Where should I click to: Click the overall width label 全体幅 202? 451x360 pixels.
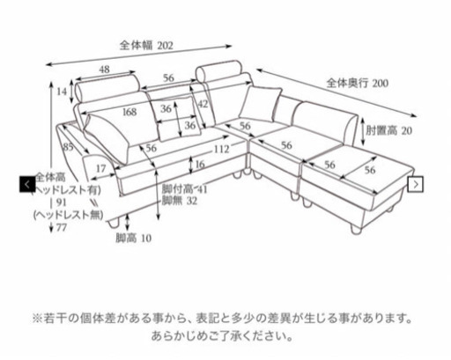pos(146,46)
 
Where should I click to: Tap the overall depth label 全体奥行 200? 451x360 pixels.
pos(358,83)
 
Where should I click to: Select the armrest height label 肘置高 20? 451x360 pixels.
pos(388,130)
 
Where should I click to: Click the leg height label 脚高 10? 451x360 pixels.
pos(134,238)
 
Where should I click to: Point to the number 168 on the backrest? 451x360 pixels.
pos(129,112)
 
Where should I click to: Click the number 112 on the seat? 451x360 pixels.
pos(221,149)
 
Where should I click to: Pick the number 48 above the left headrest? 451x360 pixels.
pos(104,70)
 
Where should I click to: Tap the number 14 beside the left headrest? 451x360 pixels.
pos(62,92)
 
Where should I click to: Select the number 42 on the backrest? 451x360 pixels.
pos(203,104)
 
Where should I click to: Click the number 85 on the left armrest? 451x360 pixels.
pos(68,147)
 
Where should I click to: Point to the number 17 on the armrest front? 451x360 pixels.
pos(100,169)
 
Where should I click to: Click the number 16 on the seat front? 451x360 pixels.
pos(200,164)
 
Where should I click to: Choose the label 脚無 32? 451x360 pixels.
pos(180,201)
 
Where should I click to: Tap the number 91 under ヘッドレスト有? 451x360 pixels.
pos(62,202)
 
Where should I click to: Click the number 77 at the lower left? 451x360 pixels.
pos(62,227)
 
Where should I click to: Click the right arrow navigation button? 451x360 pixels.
pos(416,184)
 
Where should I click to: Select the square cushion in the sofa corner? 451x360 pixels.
pos(260,104)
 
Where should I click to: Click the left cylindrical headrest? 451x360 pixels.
pos(107,87)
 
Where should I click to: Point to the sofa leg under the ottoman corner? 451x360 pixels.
pos(356,229)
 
